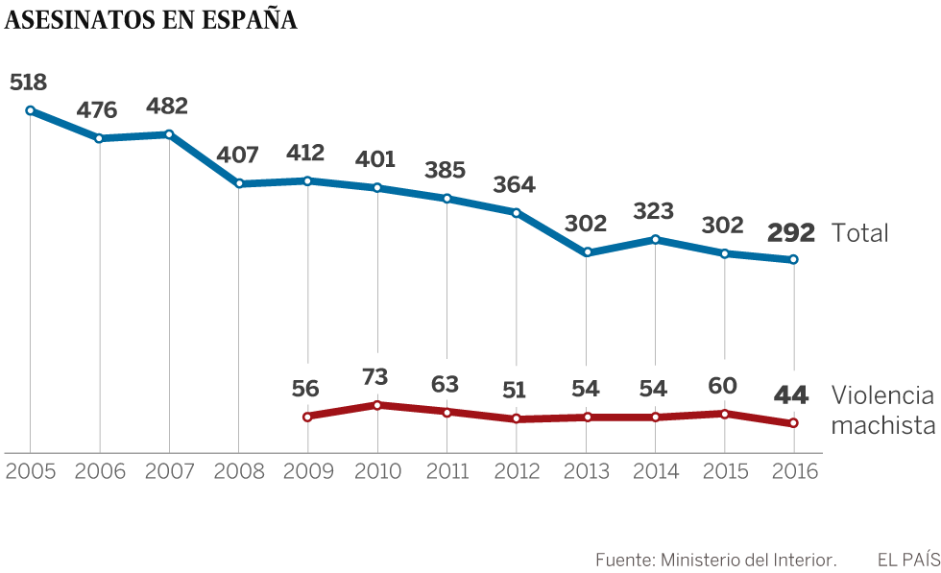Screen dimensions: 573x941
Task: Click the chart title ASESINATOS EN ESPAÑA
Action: [151, 21]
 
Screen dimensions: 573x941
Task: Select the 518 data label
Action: [28, 83]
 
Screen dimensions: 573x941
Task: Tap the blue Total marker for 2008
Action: [238, 183]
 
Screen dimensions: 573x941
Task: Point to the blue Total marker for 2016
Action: [793, 259]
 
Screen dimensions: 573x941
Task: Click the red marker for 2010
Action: [377, 405]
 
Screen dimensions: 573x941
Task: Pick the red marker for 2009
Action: [307, 417]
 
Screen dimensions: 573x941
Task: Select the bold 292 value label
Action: [790, 232]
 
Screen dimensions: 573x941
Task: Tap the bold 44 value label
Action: [792, 394]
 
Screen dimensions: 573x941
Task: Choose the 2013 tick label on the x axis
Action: [585, 471]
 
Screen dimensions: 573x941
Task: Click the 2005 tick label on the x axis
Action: [31, 471]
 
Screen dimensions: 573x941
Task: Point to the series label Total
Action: [859, 233]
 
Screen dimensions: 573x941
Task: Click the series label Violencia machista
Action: [882, 410]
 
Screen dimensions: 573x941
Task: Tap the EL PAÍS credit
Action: [907, 559]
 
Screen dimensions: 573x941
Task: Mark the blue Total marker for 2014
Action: [655, 239]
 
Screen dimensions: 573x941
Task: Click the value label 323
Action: [654, 211]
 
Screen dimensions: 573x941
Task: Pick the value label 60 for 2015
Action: [723, 386]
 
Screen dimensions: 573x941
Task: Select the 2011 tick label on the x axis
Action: [446, 471]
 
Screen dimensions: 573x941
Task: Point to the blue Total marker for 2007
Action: [169, 134]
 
